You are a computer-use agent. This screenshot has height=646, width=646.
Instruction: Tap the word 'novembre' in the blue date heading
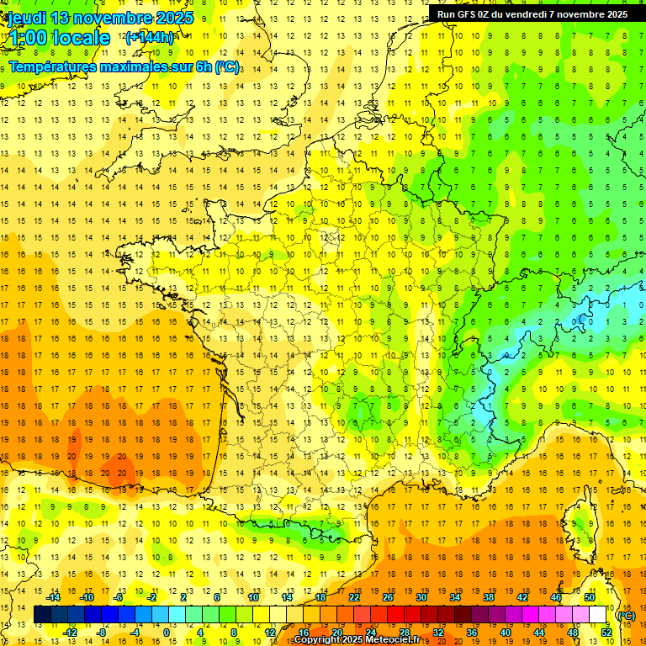tap(115, 18)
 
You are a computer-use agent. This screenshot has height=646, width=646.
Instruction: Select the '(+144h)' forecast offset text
tap(149, 38)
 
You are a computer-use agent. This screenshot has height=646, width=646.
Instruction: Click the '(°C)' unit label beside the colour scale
tap(626, 615)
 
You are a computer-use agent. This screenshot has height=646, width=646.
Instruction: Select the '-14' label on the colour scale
tap(53, 597)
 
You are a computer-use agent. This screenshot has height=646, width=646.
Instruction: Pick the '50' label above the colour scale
tap(590, 597)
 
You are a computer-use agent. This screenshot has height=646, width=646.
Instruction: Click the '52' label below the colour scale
tap(606, 633)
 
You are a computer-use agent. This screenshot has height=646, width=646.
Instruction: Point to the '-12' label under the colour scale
tap(70, 633)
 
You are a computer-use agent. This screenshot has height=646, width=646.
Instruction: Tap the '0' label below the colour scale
tap(166, 633)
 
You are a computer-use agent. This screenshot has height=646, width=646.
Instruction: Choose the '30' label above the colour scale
tap(421, 597)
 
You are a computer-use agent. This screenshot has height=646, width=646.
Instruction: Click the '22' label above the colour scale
tap(354, 597)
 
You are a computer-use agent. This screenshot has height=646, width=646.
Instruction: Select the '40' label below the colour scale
tap(506, 633)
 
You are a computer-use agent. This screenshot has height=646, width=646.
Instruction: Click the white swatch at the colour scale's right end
tap(598, 615)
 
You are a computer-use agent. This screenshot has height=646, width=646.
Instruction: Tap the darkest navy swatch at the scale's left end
tap(42, 615)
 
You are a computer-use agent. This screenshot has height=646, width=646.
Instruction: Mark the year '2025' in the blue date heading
tap(173, 18)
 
